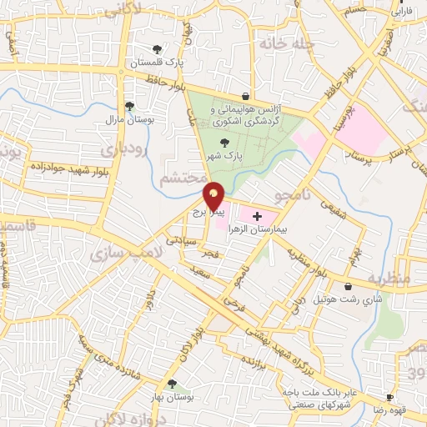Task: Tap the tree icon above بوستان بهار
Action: point(172,384)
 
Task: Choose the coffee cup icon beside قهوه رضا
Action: point(389,398)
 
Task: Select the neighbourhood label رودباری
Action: point(123,149)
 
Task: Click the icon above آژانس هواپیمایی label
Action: point(244,96)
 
